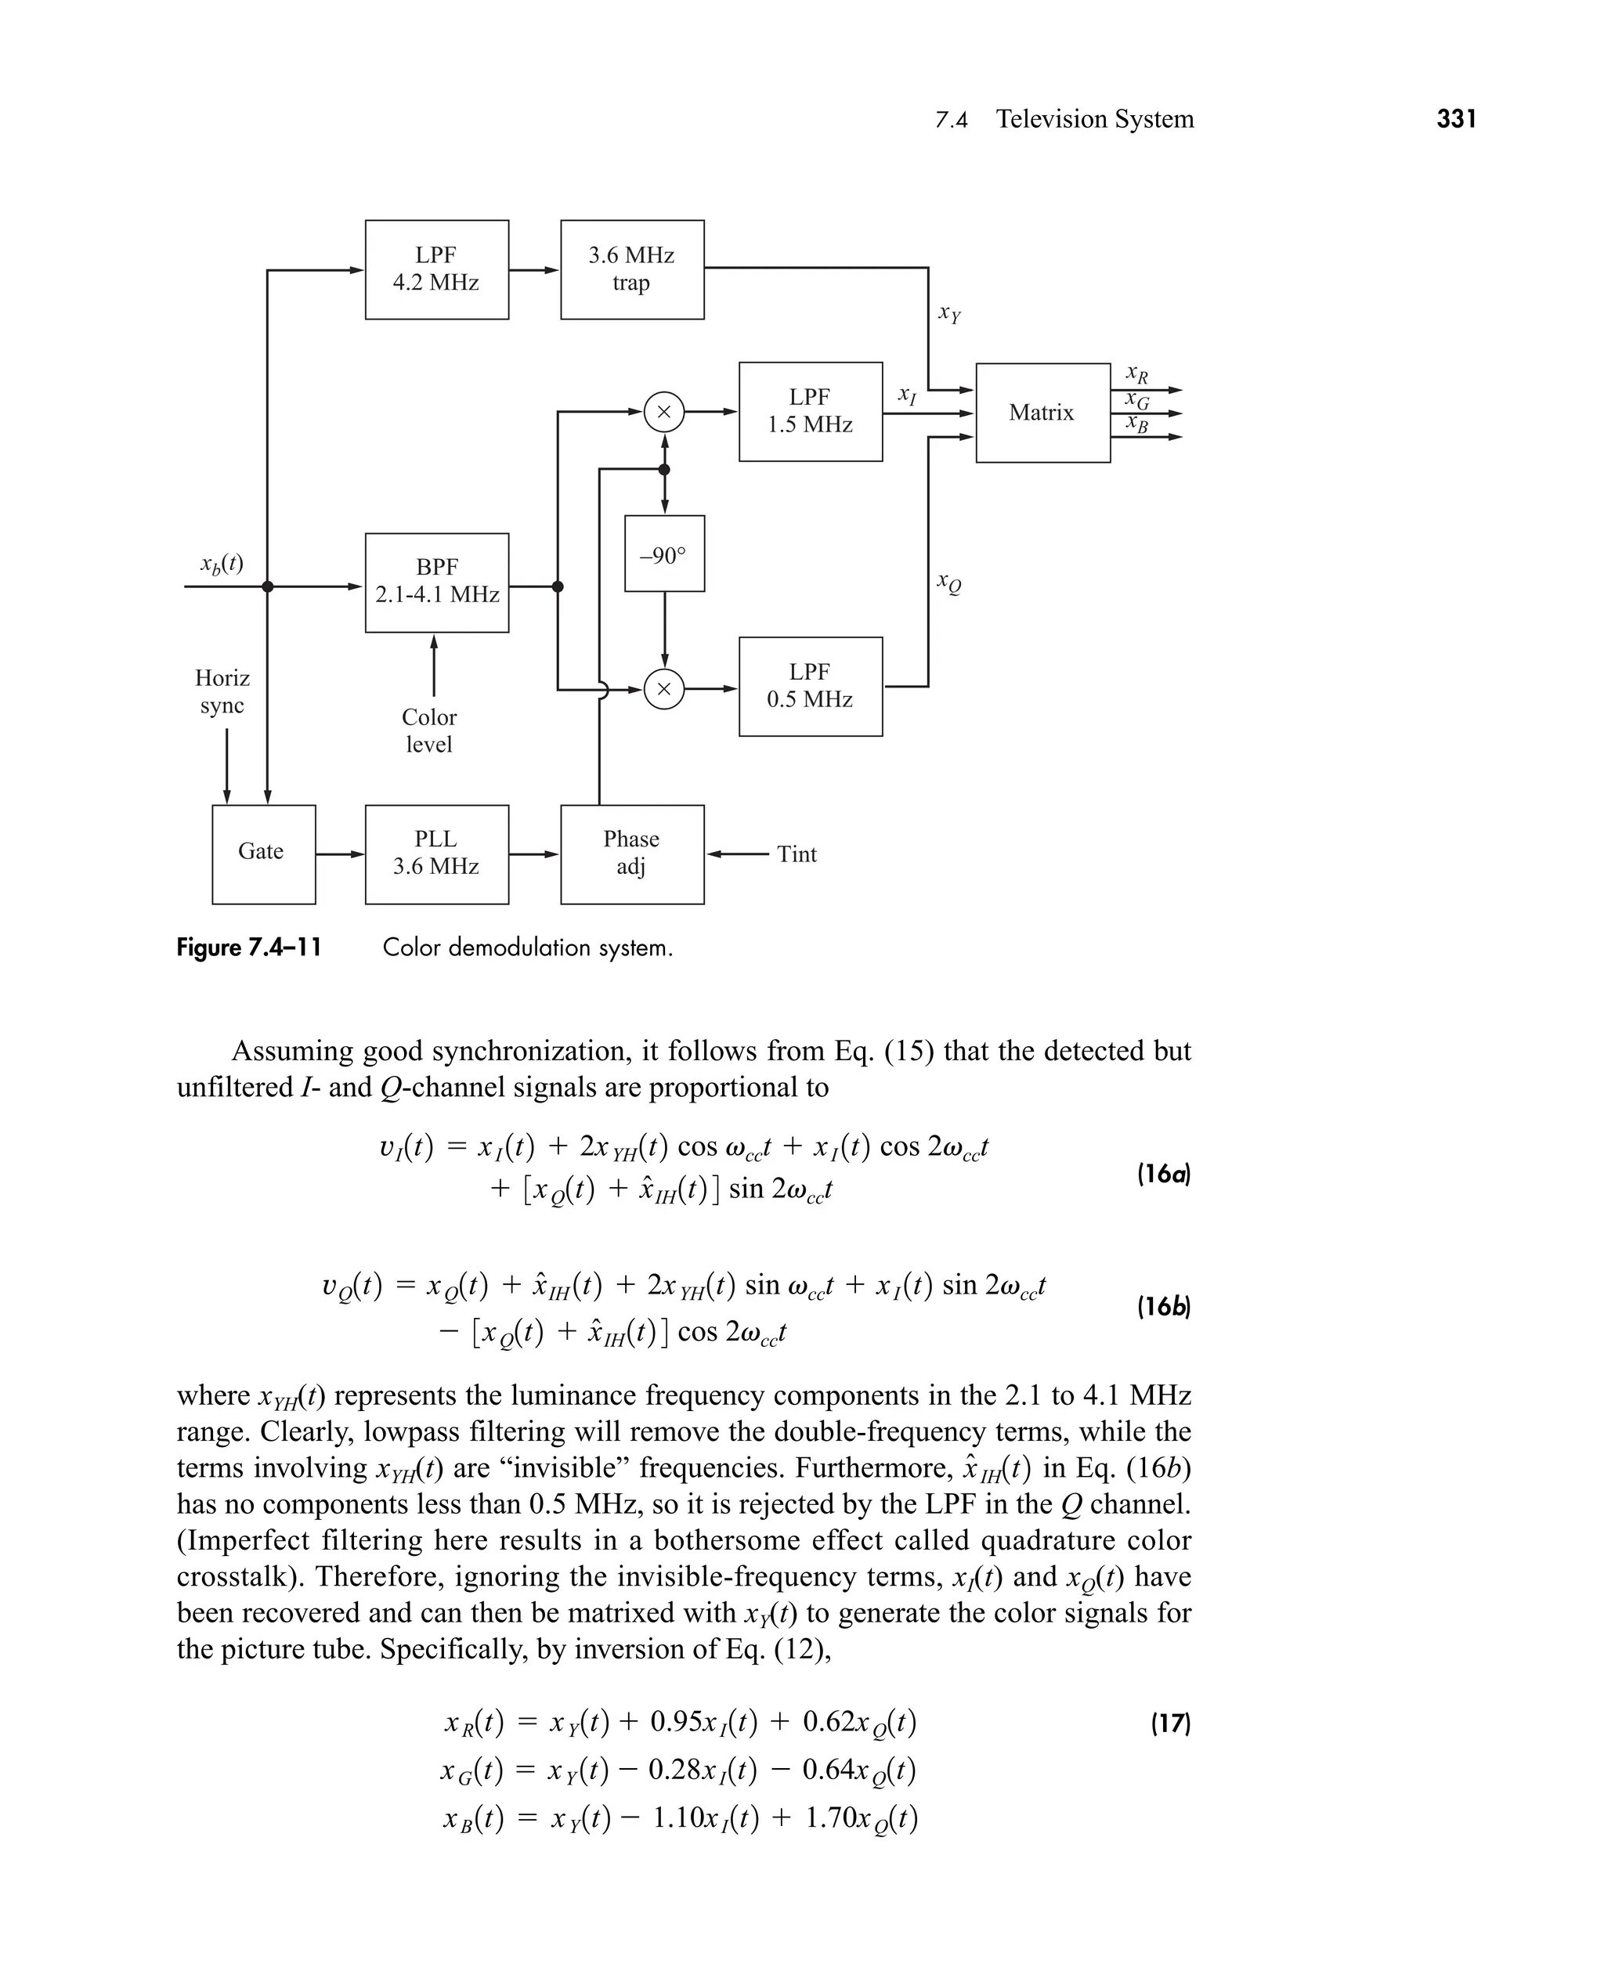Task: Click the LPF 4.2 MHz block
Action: [x=436, y=269]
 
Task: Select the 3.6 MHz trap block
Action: [x=632, y=269]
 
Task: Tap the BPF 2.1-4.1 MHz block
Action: [x=436, y=582]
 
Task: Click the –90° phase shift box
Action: [x=664, y=554]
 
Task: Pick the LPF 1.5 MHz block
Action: [x=811, y=411]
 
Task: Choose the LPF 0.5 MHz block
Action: [x=811, y=686]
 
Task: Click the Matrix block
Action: [x=1042, y=413]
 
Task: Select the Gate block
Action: [x=263, y=854]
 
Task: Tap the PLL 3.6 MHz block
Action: [x=436, y=854]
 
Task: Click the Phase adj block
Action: [x=632, y=854]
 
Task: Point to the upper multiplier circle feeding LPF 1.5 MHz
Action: [x=663, y=412]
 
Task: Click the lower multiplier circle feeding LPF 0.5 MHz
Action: [x=663, y=689]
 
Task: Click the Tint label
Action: [x=797, y=854]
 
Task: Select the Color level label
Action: [x=430, y=731]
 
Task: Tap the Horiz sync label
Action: [x=222, y=692]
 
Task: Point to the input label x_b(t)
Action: [x=222, y=564]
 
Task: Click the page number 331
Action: [x=1456, y=119]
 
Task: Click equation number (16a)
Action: [x=1163, y=1174]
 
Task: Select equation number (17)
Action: [x=1170, y=1723]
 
